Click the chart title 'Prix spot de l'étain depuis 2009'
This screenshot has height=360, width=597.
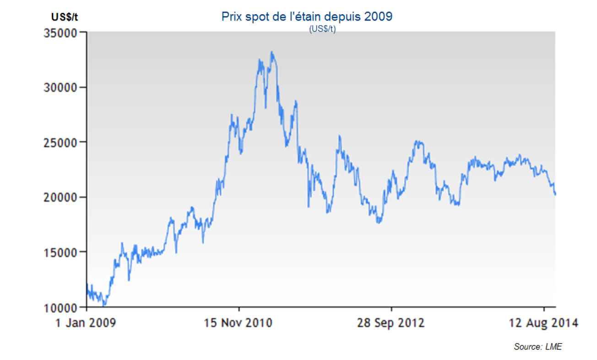[307, 17]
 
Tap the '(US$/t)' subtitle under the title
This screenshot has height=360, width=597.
[322, 29]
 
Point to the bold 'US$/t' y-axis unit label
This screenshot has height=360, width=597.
[64, 17]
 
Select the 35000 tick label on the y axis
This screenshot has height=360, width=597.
[59, 33]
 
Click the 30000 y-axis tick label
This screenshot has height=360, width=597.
[59, 87]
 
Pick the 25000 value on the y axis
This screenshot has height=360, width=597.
[59, 142]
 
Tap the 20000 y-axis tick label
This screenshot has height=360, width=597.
[59, 197]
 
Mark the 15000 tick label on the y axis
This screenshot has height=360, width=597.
[59, 252]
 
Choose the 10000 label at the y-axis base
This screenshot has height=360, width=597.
[59, 307]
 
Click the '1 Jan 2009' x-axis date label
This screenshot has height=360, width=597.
[86, 323]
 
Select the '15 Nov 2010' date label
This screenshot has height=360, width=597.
[238, 323]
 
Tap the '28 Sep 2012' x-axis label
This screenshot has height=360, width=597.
[391, 323]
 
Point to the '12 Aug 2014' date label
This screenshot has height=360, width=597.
[543, 323]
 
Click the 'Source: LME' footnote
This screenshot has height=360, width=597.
[537, 347]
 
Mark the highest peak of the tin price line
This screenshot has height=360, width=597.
[272, 52]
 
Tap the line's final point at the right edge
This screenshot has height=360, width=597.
[555, 195]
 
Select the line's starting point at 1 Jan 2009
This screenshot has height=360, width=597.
[87, 284]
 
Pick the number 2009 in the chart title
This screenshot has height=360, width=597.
[379, 17]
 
